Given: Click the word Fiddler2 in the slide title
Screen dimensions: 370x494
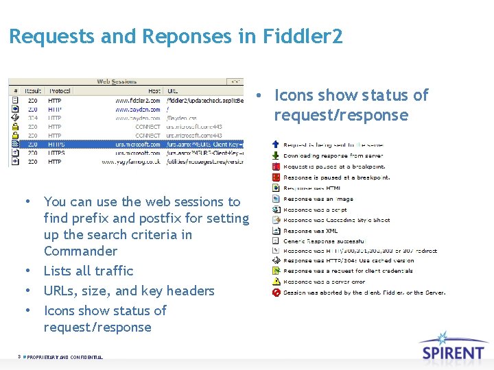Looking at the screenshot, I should click(x=303, y=36).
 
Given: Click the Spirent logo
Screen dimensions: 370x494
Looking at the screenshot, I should click(x=453, y=347).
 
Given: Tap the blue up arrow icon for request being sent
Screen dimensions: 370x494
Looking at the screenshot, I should click(x=276, y=145).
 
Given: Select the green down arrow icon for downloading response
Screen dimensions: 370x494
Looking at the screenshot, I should click(x=276, y=156).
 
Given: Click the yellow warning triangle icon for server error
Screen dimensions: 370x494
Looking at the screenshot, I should click(x=276, y=282).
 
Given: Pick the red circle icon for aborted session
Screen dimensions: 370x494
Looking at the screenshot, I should click(x=276, y=293).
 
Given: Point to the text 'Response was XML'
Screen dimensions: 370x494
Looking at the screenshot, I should click(x=310, y=231).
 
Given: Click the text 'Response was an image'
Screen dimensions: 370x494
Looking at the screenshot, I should click(x=318, y=199).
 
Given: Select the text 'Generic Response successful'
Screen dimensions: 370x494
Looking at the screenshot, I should click(x=324, y=241).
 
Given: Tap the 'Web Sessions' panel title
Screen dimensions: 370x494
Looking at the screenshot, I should click(x=117, y=82).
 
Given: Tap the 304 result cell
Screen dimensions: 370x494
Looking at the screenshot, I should click(x=32, y=118).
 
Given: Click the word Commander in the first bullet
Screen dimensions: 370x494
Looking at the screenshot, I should click(x=80, y=251).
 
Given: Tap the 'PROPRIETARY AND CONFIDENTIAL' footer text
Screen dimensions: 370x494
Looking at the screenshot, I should click(x=65, y=357).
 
